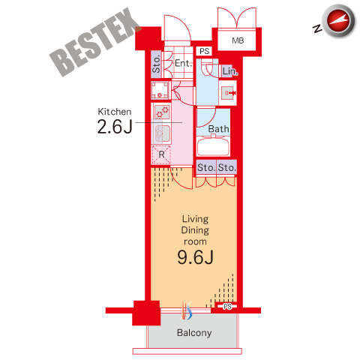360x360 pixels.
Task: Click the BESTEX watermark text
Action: click(95, 42)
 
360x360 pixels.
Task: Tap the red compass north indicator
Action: click(338, 21)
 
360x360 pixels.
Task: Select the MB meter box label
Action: click(238, 40)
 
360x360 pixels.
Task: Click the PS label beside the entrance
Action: click(204, 51)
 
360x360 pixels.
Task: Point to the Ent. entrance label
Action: click(184, 63)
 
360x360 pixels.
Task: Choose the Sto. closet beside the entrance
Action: click(156, 64)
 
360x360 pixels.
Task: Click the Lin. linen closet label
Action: click(230, 71)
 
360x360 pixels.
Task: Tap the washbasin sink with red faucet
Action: click(229, 93)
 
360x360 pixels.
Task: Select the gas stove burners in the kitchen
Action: click(162, 112)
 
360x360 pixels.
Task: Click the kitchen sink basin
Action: click(162, 133)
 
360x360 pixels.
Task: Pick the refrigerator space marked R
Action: click(161, 154)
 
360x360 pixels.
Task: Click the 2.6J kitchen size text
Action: click(115, 126)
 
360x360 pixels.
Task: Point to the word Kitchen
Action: click(115, 112)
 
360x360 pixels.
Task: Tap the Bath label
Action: click(218, 129)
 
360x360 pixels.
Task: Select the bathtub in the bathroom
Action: click(213, 146)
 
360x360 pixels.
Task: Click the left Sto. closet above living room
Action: click(206, 167)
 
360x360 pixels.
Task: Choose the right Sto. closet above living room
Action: click(226, 167)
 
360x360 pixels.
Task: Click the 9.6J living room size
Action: click(195, 257)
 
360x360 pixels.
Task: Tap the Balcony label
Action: click(194, 333)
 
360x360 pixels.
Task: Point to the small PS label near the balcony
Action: click(227, 306)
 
